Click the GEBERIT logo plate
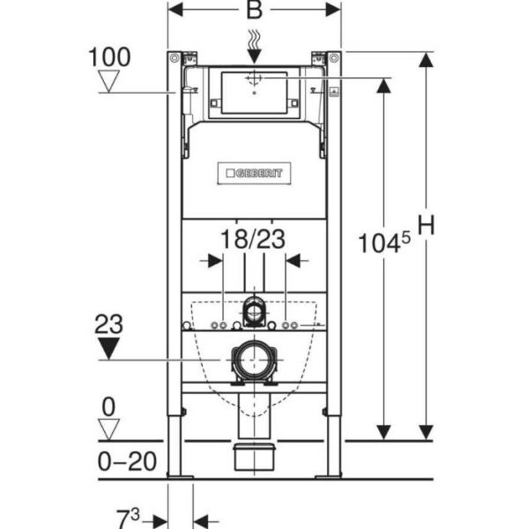coord(254,174)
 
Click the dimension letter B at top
coord(254,11)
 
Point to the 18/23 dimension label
coord(253,237)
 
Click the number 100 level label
coord(110,57)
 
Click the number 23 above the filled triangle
coord(110,324)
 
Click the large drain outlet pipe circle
coord(254,361)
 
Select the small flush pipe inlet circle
coord(254,310)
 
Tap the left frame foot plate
coord(181,477)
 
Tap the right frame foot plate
coord(328,477)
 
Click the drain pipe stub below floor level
coord(254,458)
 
